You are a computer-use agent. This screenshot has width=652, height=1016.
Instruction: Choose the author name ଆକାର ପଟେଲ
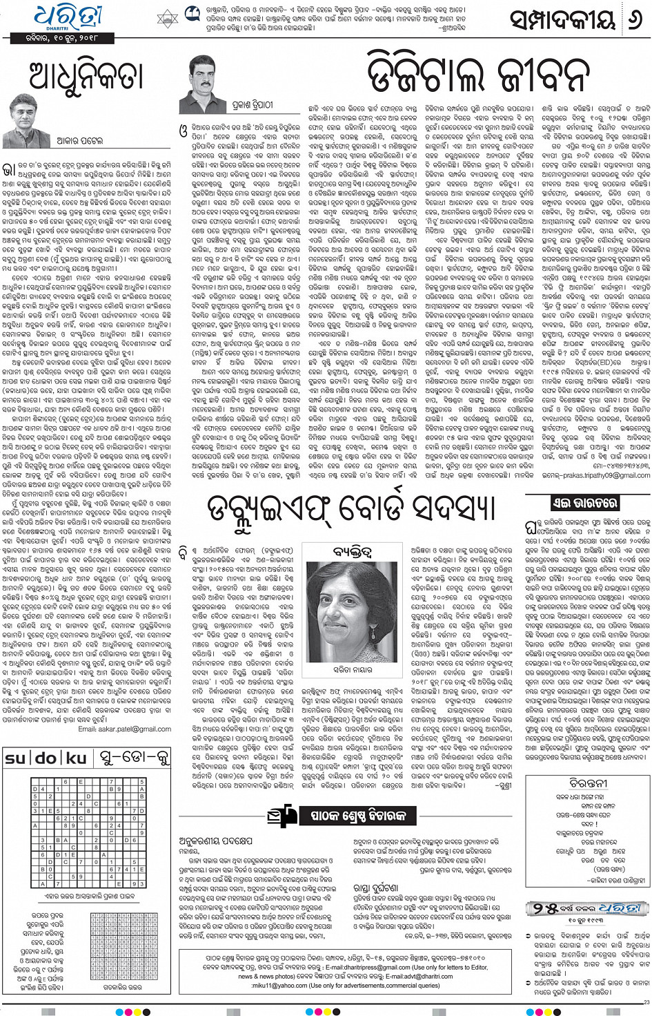[79, 141]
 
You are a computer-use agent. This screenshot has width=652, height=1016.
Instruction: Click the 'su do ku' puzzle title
[47, 758]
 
